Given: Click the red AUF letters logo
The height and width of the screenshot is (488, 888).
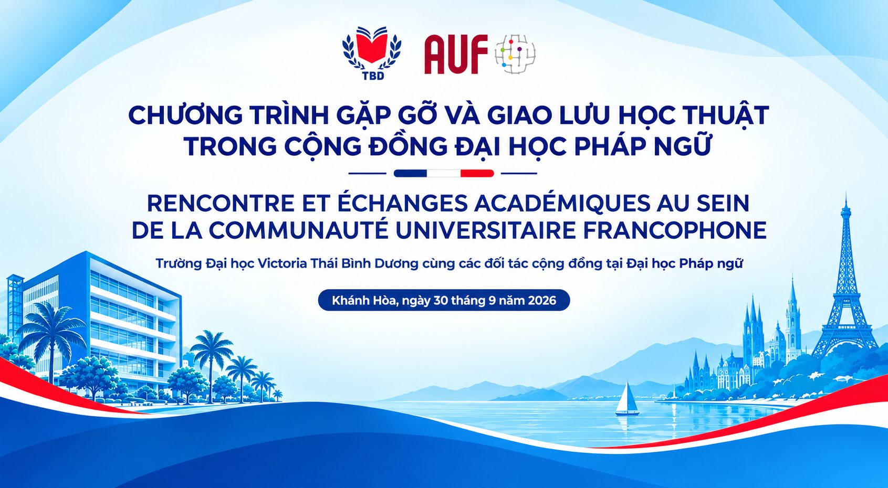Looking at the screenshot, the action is click(456, 55).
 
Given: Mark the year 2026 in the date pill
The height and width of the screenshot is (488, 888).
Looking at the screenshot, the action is click(541, 300).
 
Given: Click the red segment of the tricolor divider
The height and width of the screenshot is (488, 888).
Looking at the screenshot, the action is click(477, 173).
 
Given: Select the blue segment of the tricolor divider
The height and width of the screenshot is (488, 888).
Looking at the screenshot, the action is click(410, 173).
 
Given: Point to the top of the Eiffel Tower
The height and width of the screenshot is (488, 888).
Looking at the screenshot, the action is click(845, 192).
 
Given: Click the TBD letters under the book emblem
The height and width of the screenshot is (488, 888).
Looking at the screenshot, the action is click(373, 76).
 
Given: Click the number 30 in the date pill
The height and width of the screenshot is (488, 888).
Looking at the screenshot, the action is click(441, 300).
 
